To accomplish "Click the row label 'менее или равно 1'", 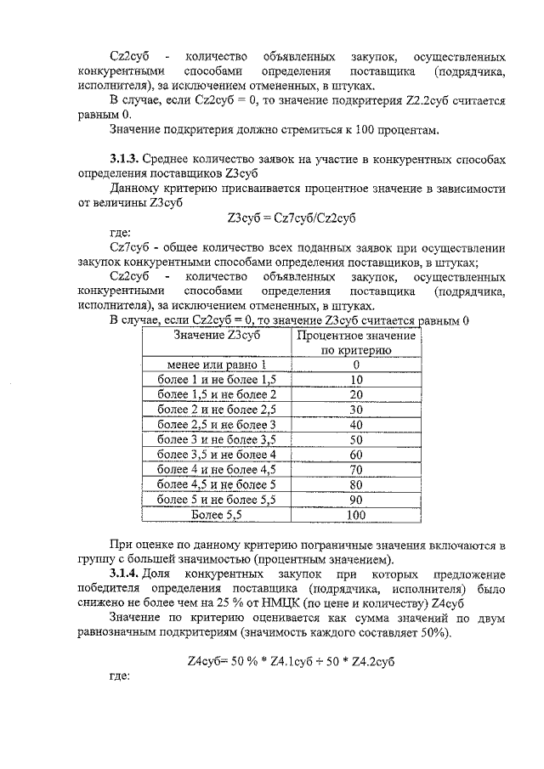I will point(215,365).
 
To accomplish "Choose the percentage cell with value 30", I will point(356,410).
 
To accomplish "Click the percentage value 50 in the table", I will point(356,439).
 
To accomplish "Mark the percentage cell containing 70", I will point(356,469).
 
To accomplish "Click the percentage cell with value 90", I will point(356,500).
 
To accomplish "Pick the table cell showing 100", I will point(356,514).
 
